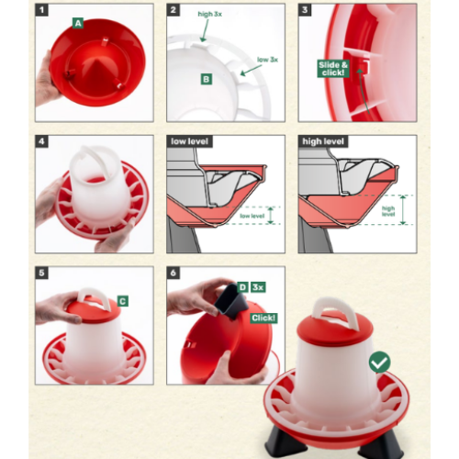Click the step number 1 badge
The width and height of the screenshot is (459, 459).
pyautogui.click(x=42, y=10)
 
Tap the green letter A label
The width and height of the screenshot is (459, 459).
pyautogui.click(x=78, y=23)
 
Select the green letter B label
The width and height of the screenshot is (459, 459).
pyautogui.click(x=207, y=79)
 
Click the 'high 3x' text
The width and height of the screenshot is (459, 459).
pyautogui.click(x=210, y=14)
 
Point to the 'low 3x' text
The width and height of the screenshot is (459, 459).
pyautogui.click(x=267, y=60)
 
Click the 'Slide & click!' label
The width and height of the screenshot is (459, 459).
pyautogui.click(x=333, y=69)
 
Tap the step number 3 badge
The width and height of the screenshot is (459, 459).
pyautogui.click(x=305, y=10)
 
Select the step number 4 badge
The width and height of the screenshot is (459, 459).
pyautogui.click(x=42, y=141)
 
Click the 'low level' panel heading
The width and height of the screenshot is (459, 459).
pyautogui.click(x=189, y=141)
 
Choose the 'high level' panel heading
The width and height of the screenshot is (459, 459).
pyautogui.click(x=323, y=141)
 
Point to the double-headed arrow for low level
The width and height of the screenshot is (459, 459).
pyautogui.click(x=270, y=216)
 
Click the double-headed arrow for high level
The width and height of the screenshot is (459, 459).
pyautogui.click(x=403, y=209)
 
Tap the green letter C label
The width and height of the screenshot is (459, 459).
pyautogui.click(x=123, y=301)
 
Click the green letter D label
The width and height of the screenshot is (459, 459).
pyautogui.click(x=242, y=287)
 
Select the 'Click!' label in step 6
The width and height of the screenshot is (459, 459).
pyautogui.click(x=263, y=318)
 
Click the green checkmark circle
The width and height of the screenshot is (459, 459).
pyautogui.click(x=380, y=362)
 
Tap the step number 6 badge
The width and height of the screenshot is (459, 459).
pyautogui.click(x=174, y=273)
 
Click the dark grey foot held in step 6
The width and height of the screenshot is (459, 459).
pyautogui.click(x=231, y=300)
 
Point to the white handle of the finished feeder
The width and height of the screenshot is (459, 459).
pyautogui.click(x=336, y=311)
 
